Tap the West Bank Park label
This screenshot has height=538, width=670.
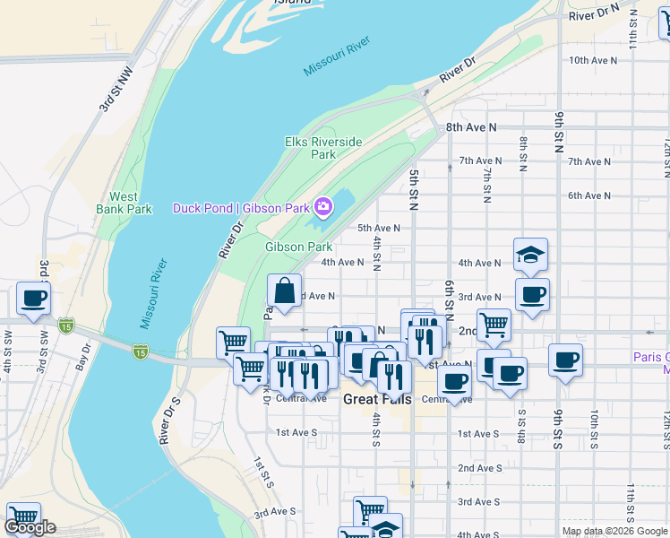[124, 203]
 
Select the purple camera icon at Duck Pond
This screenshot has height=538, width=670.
[323, 208]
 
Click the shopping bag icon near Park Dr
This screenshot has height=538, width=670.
[284, 291]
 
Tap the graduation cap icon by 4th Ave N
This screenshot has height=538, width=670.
[530, 255]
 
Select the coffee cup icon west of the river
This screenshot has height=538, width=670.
[33, 299]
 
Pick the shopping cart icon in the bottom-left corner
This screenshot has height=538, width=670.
[23, 518]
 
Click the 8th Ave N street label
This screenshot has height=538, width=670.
[471, 127]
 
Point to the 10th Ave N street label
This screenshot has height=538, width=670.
[593, 60]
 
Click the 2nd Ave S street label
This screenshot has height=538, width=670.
[478, 468]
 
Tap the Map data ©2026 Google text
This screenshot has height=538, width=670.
[614, 530]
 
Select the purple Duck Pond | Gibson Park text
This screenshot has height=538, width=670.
[241, 208]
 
